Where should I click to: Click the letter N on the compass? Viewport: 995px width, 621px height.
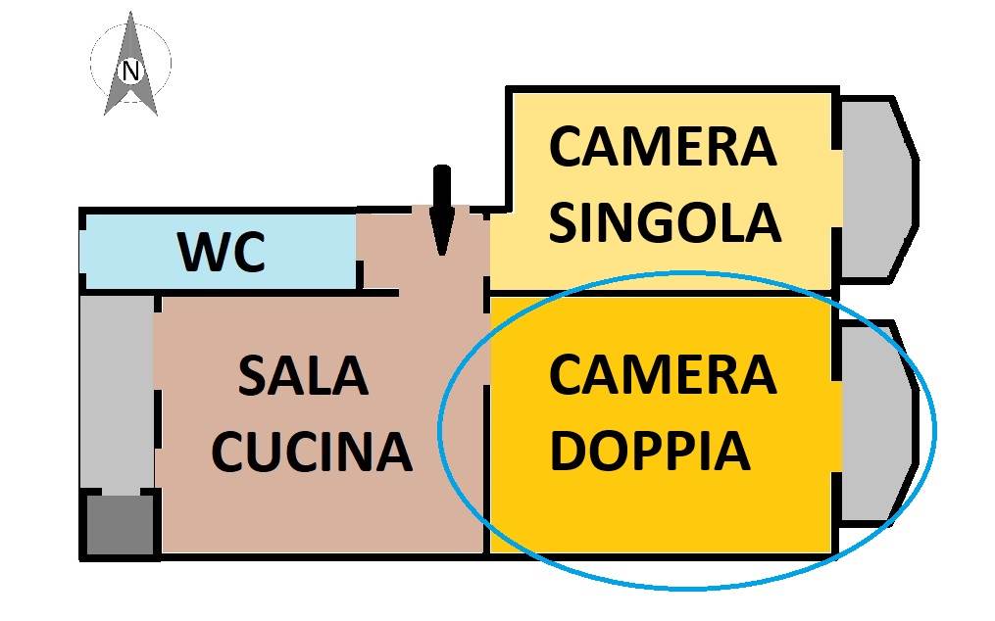[130, 71]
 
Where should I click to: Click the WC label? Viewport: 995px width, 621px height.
[222, 253]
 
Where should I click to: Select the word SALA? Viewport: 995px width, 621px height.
[303, 376]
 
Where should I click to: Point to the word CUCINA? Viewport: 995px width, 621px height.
[312, 451]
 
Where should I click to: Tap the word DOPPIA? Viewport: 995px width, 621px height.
[650, 451]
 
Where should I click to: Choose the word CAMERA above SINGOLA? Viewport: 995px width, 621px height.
[663, 147]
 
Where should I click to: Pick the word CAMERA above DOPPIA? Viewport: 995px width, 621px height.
[663, 375]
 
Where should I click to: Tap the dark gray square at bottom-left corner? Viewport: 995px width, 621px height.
[119, 525]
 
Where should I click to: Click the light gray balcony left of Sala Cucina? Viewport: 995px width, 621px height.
[116, 392]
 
